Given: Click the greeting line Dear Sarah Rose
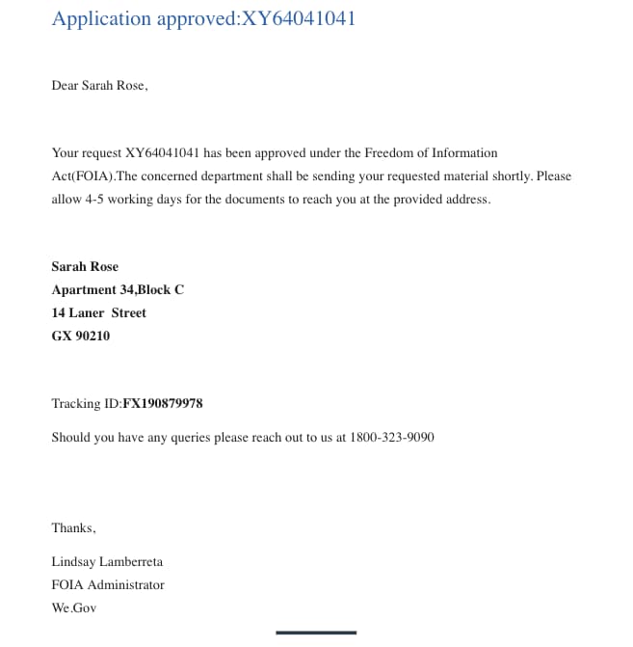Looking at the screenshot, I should click(x=99, y=85).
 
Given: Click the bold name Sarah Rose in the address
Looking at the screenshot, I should click(x=85, y=266).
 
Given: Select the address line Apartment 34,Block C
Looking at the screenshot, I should click(x=118, y=289).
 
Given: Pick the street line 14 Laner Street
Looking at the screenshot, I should click(x=98, y=312).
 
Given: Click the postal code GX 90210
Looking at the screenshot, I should click(x=81, y=336).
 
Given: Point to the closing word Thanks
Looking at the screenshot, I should click(x=73, y=527).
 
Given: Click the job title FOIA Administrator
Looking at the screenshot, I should click(x=108, y=584).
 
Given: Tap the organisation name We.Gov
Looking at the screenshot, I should click(x=74, y=607).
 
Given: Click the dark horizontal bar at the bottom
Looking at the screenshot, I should click(x=316, y=633).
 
